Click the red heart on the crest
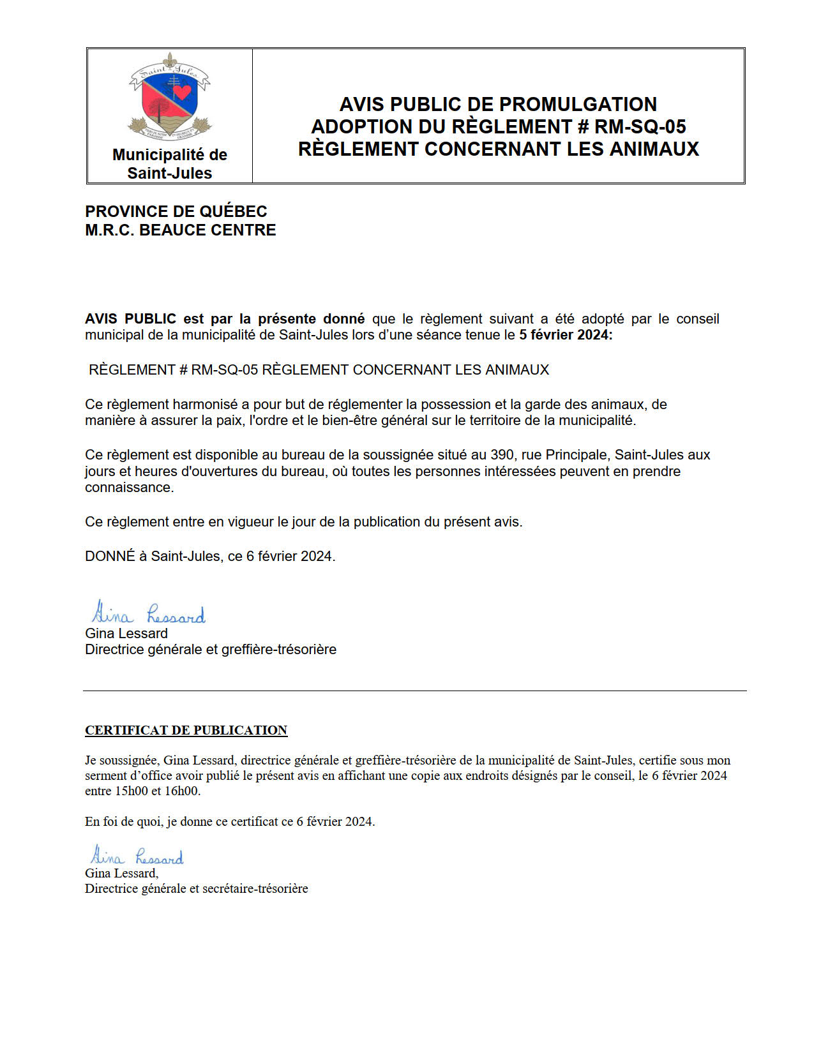[x=183, y=93]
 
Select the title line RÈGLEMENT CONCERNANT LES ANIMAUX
[x=498, y=149]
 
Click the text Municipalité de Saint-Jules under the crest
[x=170, y=164]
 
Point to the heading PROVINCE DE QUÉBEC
[x=176, y=211]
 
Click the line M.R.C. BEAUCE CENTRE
[x=181, y=230]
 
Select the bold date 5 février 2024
[x=565, y=335]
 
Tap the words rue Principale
[x=564, y=455]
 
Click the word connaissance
[x=129, y=488]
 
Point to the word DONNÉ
[x=110, y=556]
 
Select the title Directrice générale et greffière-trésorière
[x=211, y=650]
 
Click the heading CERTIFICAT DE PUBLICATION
[x=186, y=730]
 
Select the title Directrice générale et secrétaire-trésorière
[x=197, y=888]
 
